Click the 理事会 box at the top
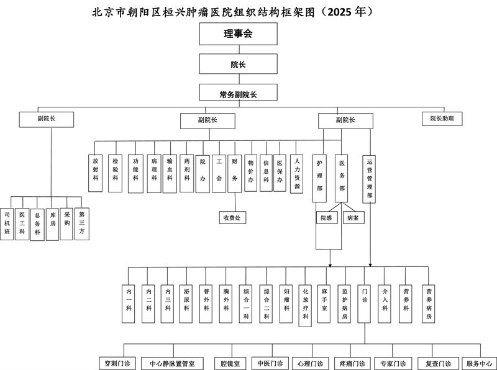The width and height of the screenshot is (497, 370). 238,34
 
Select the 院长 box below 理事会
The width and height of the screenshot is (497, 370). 238,64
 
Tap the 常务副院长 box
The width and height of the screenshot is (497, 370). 238,94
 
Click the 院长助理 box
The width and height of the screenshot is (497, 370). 441,118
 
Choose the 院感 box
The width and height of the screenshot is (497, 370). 326,218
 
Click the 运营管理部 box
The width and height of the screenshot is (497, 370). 370,178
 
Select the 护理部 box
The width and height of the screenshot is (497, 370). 320,175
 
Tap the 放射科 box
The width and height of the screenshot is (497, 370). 96,173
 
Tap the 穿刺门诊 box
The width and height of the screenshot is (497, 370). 115,363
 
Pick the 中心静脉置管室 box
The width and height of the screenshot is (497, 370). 168,363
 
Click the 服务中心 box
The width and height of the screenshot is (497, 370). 479,363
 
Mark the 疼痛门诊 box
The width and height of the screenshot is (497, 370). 352,363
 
